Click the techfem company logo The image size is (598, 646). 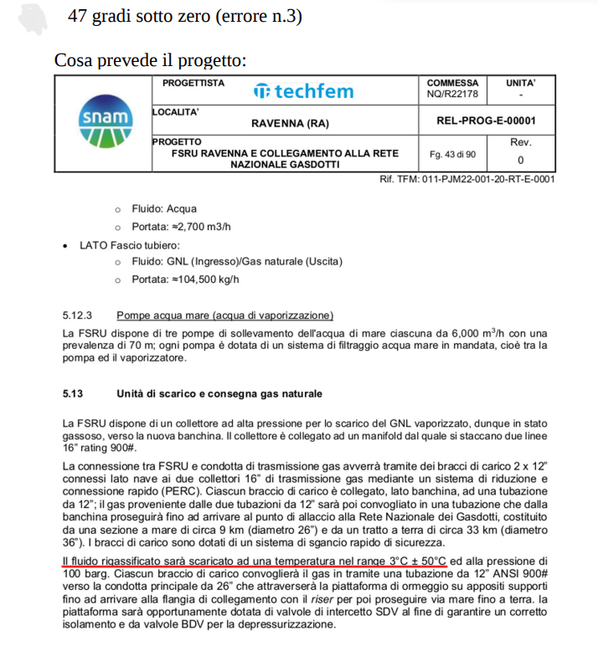tap(303, 91)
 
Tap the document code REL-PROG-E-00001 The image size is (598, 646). tap(486, 120)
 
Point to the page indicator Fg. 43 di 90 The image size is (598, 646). tap(452, 154)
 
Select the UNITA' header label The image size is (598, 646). tap(520, 84)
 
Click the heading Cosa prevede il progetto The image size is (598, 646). tap(150, 60)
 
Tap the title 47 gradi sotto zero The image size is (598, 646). tap(184, 16)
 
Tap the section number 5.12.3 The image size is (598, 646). tap(76, 315)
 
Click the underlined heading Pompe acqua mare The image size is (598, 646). tap(224, 315)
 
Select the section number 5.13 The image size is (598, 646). tap(73, 393)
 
